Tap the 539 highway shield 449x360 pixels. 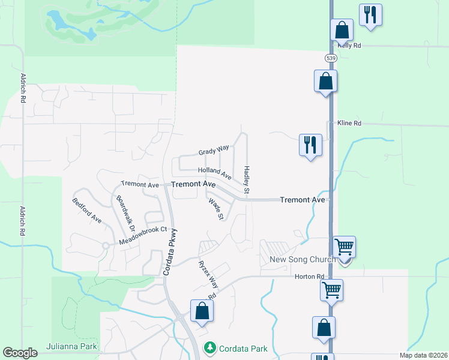[331, 58]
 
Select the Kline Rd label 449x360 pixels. [349, 123]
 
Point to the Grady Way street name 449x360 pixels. [214, 151]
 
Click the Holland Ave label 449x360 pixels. [215, 174]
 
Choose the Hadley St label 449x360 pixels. [246, 179]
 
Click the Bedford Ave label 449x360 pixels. [87, 211]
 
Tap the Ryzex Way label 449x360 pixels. [208, 273]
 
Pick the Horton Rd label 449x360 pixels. [309, 277]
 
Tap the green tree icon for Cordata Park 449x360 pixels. [209, 347]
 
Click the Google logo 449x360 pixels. [20, 353]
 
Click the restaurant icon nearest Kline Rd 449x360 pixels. [310, 145]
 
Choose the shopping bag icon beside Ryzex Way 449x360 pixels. [202, 310]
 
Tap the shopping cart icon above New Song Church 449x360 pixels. [345, 246]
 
